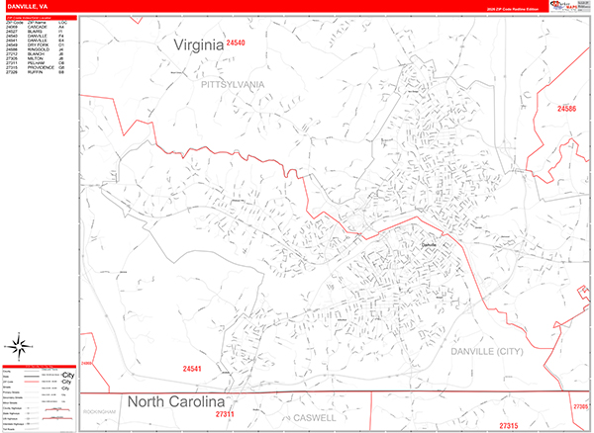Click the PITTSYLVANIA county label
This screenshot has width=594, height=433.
(233, 85)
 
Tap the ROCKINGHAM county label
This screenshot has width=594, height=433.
(107, 410)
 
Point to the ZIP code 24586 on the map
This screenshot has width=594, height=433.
(567, 108)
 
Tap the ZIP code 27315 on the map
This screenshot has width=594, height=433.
(509, 425)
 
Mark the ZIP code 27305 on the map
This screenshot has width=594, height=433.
(580, 405)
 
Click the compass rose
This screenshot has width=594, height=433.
(19, 346)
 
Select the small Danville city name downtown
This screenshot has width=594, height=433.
(428, 244)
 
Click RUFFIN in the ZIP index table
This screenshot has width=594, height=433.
(38, 73)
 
